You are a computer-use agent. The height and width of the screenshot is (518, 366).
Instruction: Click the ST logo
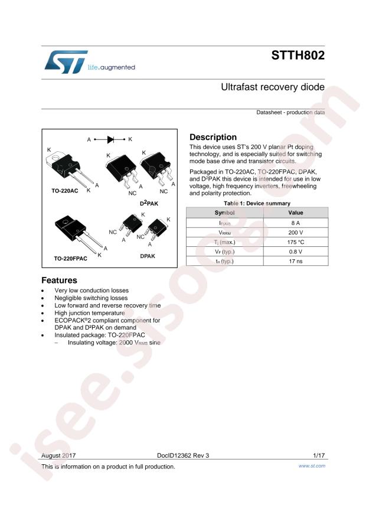click(x=66, y=62)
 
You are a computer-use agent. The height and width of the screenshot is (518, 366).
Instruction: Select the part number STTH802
click(x=298, y=55)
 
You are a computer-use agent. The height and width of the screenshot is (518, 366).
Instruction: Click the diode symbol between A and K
click(x=110, y=139)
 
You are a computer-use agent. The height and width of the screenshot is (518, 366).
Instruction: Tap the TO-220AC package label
click(x=65, y=191)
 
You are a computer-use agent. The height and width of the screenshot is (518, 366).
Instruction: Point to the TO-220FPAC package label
click(x=71, y=258)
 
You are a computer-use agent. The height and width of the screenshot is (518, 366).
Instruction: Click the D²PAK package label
click(x=149, y=203)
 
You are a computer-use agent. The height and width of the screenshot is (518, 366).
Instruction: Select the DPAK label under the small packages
click(x=148, y=256)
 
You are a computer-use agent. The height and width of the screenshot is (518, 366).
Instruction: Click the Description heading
click(x=213, y=137)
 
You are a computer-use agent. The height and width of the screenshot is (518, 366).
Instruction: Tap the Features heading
click(x=59, y=280)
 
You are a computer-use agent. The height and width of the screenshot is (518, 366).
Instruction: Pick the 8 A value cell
click(x=296, y=223)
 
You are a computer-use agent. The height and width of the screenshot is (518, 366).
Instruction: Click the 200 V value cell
click(x=296, y=233)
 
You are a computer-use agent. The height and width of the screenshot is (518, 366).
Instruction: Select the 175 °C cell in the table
click(x=296, y=242)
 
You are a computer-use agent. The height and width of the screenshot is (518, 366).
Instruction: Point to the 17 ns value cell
click(x=296, y=261)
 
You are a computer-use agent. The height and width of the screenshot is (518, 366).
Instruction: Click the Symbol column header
click(x=225, y=213)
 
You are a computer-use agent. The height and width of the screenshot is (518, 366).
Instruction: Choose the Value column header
click(x=296, y=213)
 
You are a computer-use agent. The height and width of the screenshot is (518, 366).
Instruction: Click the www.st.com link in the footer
click(x=312, y=466)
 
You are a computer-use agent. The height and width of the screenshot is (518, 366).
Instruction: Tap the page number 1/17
click(x=319, y=455)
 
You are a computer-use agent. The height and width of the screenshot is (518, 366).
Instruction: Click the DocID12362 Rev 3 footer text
click(x=183, y=455)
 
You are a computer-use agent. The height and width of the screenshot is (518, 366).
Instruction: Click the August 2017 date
click(x=58, y=455)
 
